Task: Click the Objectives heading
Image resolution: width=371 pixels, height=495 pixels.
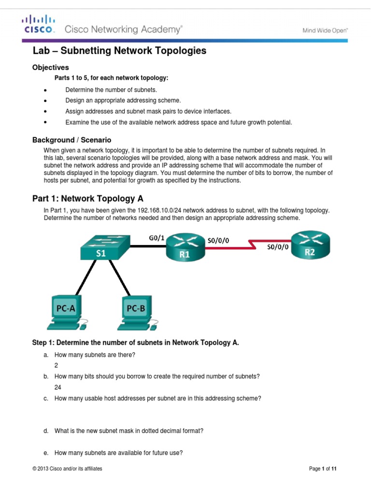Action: pyautogui.click(x=50, y=68)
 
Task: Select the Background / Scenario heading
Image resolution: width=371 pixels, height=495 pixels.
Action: pyautogui.click(x=71, y=140)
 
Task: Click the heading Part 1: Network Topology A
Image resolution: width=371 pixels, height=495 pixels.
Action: pyautogui.click(x=87, y=199)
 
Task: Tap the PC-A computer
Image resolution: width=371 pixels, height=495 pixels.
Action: pyautogui.click(x=66, y=312)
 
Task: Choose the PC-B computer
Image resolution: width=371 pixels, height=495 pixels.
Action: pyautogui.click(x=138, y=312)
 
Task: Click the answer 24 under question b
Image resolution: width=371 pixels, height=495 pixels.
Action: pyautogui.click(x=58, y=387)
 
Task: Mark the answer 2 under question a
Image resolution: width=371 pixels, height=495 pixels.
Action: pyautogui.click(x=57, y=365)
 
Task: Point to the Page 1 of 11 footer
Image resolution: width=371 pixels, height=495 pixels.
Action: pyautogui.click(x=323, y=468)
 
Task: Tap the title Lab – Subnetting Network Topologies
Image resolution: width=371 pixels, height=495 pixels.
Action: pyautogui.click(x=119, y=51)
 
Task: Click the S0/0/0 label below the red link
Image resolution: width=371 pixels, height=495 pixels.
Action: pyautogui.click(x=278, y=247)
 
